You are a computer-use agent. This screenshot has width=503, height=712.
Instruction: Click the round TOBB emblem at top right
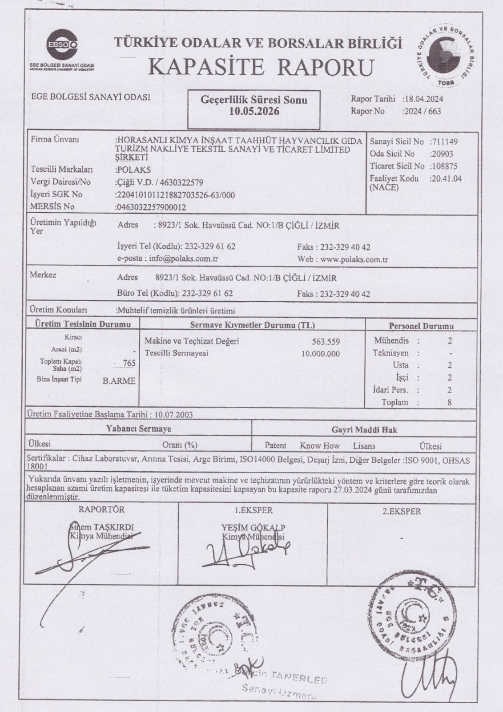[447, 53]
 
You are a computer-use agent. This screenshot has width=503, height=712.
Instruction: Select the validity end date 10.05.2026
[254, 111]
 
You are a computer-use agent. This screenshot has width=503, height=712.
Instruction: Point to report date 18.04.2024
[423, 99]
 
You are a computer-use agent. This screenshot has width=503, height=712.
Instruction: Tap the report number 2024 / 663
[422, 111]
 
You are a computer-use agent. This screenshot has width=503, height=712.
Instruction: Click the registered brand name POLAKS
[134, 170]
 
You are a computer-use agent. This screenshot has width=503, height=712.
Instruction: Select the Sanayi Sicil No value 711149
[444, 142]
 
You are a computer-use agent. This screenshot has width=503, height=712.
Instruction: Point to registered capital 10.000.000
[320, 354]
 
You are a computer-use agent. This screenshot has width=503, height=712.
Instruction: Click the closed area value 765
[129, 363]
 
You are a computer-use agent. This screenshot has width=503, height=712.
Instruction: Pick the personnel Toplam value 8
[450, 402]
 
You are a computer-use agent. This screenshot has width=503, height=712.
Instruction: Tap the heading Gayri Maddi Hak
[364, 430]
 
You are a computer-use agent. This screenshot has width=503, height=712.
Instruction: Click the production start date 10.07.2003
[173, 415]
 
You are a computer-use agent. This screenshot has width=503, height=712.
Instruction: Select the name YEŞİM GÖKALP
[253, 528]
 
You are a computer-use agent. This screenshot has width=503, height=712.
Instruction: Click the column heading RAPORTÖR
[101, 510]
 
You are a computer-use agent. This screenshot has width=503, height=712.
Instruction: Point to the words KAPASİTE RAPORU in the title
[261, 67]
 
